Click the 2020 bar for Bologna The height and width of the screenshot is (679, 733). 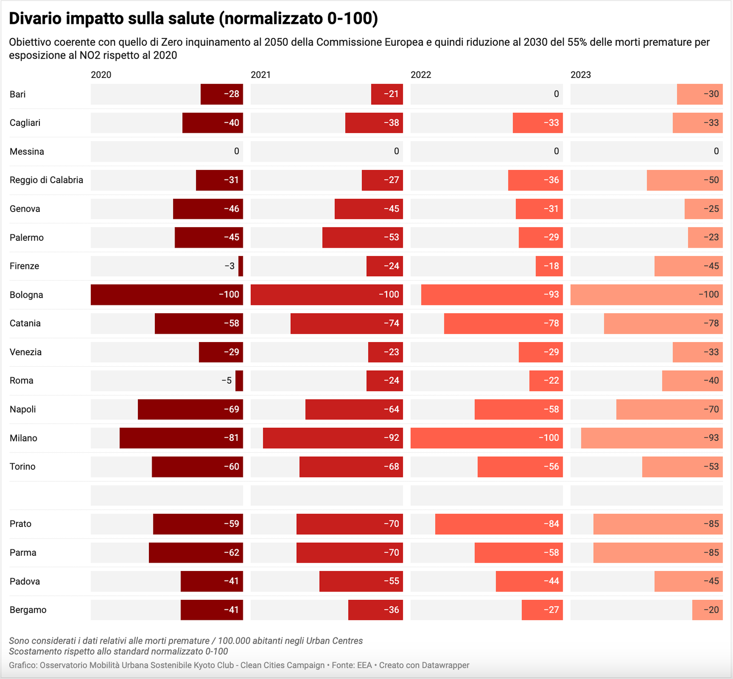tap(167, 294)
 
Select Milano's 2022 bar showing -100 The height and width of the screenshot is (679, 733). tap(487, 438)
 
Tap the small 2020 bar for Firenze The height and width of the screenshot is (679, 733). tap(241, 266)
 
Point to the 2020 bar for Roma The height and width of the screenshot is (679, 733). tap(239, 380)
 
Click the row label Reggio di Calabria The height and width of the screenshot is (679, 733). tap(46, 180)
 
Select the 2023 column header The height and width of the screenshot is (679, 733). tap(580, 75)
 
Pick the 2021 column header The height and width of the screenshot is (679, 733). tap(261, 75)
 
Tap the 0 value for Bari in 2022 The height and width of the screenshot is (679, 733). tap(556, 94)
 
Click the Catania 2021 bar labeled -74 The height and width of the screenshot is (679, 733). tap(346, 323)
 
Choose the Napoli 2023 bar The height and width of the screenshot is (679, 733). tap(669, 409)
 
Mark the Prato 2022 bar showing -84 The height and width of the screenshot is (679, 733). tap(498, 524)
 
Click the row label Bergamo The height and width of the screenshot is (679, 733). tap(28, 610)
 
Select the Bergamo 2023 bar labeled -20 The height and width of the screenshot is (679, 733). tap(707, 610)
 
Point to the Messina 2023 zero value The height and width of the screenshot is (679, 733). tap(716, 152)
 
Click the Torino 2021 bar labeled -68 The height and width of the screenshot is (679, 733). tap(351, 467)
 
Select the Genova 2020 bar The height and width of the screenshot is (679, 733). tap(208, 209)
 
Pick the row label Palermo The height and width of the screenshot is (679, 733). tap(27, 238)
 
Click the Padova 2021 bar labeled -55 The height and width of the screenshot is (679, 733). tap(361, 581)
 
